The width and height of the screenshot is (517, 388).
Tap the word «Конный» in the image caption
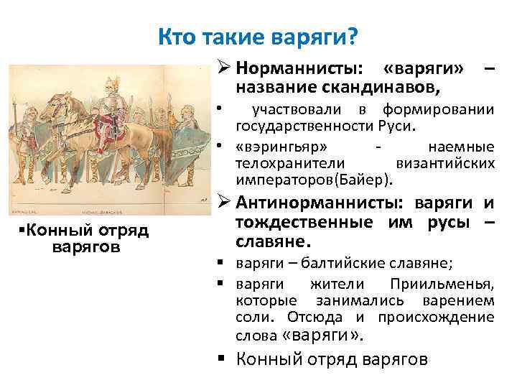[43, 231]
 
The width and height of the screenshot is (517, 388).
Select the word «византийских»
[457, 163]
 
